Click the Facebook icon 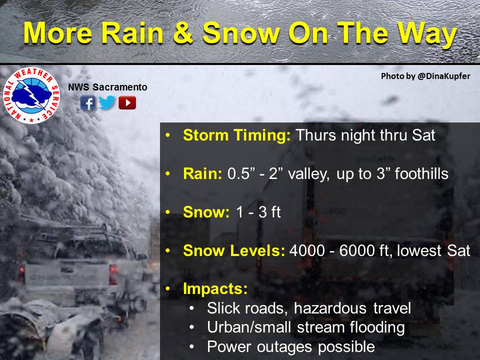[x=88, y=102]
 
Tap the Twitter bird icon [x=107, y=102]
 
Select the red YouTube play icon [x=127, y=102]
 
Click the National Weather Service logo [x=31, y=95]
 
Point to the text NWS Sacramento [x=107, y=87]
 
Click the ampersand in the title [x=183, y=33]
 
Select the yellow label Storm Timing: [x=236, y=135]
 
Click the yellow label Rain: [x=202, y=173]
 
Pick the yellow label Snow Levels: [x=234, y=250]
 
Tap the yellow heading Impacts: [x=215, y=288]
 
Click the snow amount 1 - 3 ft [x=258, y=212]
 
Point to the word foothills [x=421, y=173]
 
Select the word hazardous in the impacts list [x=330, y=308]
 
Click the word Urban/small [x=249, y=327]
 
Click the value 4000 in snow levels [x=307, y=250]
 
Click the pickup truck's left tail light [x=21, y=273]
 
